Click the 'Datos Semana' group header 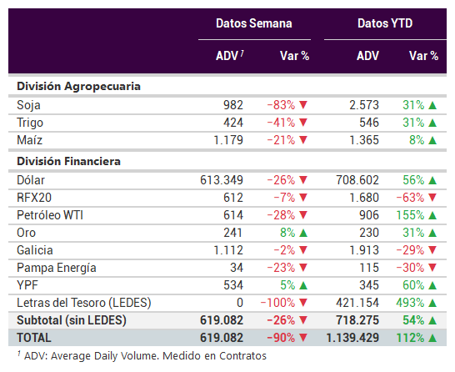tap(254, 23)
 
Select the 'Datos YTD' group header tap(385, 23)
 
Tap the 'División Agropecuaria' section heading tap(78, 87)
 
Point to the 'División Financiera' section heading tap(69, 161)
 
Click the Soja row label tap(28, 105)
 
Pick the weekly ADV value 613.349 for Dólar tap(222, 180)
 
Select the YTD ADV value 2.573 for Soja tap(364, 105)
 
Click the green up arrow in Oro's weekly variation tap(303, 233)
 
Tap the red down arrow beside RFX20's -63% tap(432, 198)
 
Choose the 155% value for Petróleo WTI tap(410, 215)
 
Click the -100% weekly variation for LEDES tap(277, 303)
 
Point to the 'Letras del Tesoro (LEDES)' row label tap(84, 303)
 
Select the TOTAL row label tap(34, 338)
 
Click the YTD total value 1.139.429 tap(352, 338)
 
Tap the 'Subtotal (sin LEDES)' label tap(72, 320)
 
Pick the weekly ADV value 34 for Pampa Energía tap(237, 268)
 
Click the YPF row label tap(27, 285)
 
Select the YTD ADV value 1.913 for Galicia tap(364, 250)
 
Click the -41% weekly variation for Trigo tap(281, 123)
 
